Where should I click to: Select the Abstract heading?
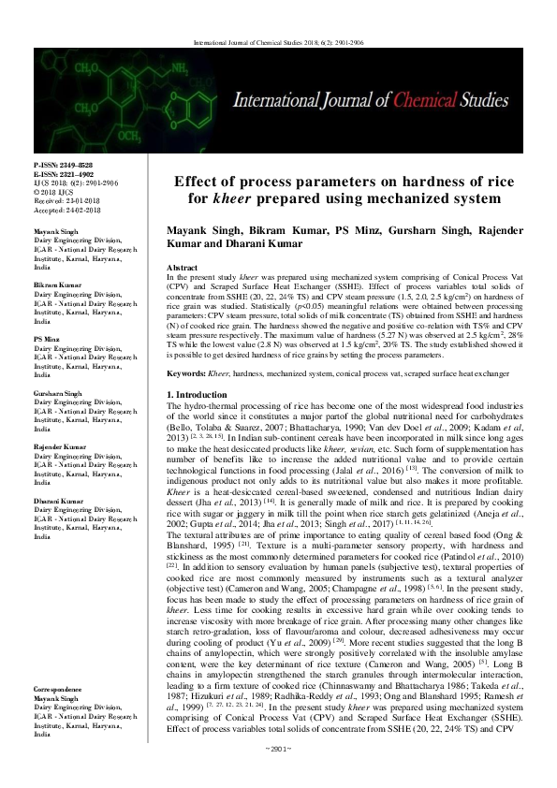(182, 268)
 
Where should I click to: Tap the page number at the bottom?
(279, 774)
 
